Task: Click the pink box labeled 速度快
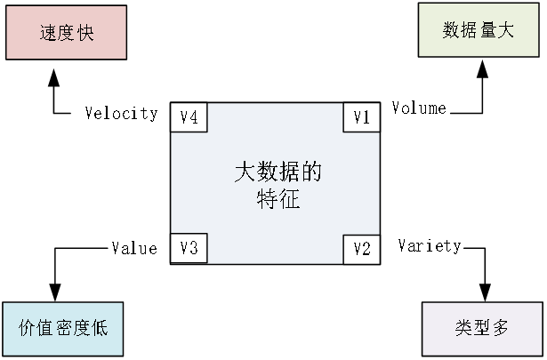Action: click(x=66, y=33)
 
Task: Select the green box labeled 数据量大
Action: click(x=479, y=30)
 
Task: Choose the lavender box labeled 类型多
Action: click(x=483, y=328)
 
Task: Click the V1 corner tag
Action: click(x=361, y=117)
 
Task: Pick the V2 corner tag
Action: click(x=361, y=248)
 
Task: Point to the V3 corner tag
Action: click(x=189, y=248)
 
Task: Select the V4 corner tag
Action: click(x=189, y=117)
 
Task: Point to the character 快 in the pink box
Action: click(x=84, y=34)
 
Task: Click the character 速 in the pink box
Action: click(x=48, y=34)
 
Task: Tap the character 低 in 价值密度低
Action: click(x=99, y=329)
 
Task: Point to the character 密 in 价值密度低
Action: click(x=62, y=329)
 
